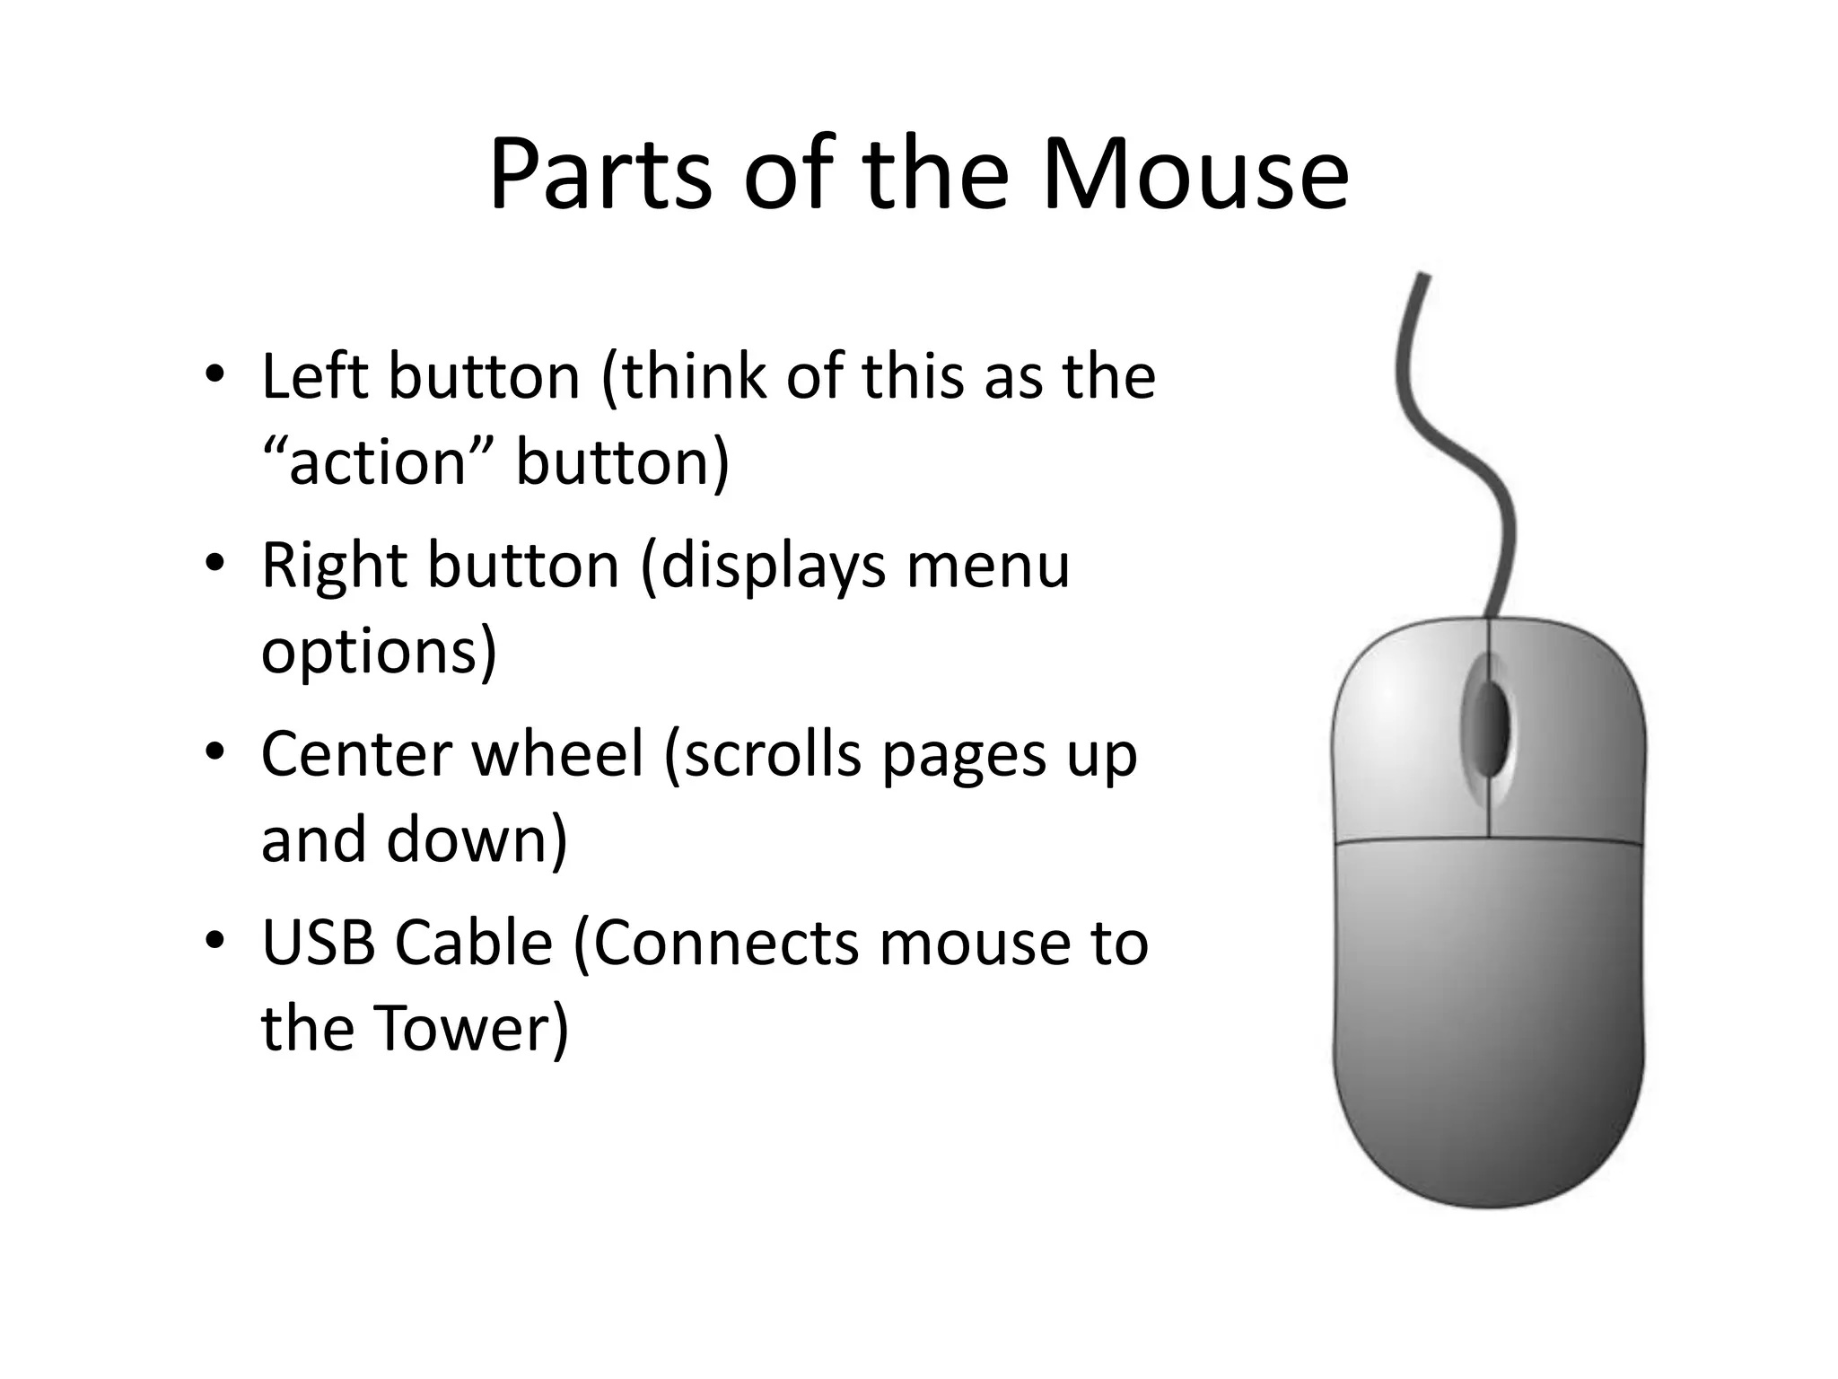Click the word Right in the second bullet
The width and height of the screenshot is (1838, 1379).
[332, 566]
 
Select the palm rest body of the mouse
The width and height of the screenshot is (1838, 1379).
[1488, 1014]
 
